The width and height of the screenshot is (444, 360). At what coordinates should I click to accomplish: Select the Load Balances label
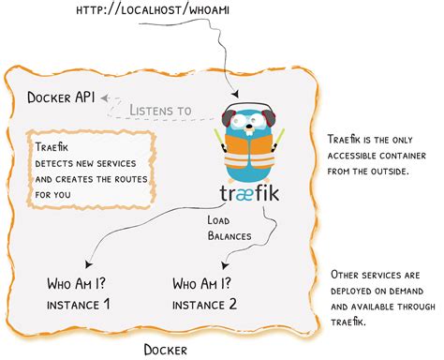[229, 228]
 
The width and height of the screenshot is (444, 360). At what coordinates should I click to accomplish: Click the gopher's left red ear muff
[226, 119]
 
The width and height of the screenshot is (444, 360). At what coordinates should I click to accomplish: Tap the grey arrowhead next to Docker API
[105, 98]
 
